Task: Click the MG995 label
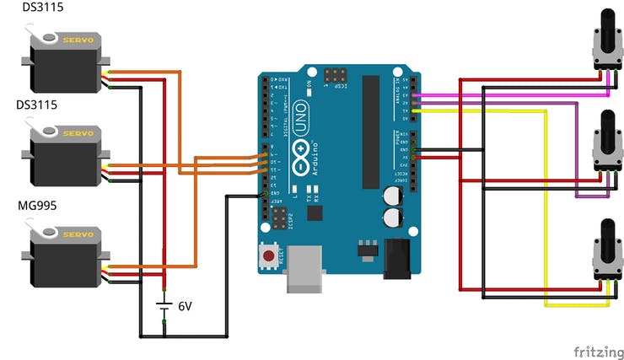pos(37,206)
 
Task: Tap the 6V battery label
pos(185,306)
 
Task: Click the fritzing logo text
pos(598,351)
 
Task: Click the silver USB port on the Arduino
pos(304,268)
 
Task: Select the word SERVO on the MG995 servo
pos(79,234)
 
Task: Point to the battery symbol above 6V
pos(164,306)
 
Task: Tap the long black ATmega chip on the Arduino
pos(370,131)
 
